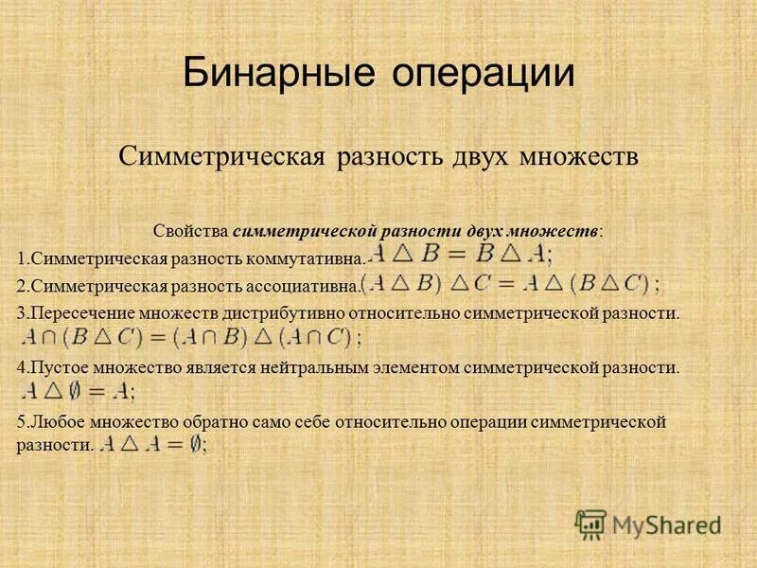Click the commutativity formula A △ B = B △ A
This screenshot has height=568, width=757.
462,255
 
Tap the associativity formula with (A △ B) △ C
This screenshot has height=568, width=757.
511,283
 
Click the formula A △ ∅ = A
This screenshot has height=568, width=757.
78,391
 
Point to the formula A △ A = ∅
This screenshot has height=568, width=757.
153,444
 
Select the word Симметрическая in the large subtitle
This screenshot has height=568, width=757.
223,156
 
